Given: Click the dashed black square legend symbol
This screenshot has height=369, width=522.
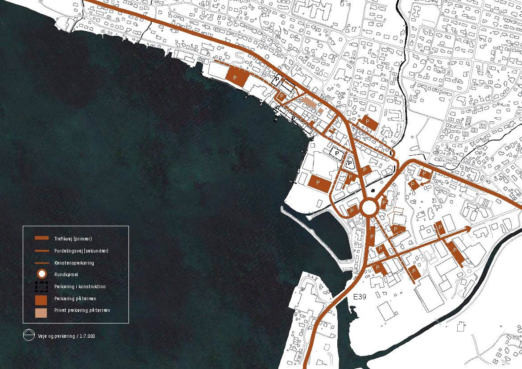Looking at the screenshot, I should pos(41,287).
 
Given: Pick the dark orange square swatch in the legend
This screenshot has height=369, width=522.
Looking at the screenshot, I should pos(41,299).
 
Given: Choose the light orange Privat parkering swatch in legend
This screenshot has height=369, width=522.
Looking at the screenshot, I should pos(41,312).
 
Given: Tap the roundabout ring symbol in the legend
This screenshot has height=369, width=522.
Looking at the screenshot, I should pos(41,274).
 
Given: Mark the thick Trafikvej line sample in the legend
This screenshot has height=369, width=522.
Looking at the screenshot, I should pos(41,239).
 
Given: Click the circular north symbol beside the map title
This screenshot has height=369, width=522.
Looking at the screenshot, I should pos(29,335).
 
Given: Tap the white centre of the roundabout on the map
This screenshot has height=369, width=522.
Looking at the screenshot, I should pos(369,207).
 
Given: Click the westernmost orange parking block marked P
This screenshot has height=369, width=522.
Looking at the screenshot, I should pos(234,76).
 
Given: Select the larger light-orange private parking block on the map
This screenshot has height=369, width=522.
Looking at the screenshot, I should pos(308,102).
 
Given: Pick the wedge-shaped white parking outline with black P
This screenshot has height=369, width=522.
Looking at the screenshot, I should pos(350,163).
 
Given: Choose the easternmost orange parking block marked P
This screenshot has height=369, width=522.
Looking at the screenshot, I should pos(457,252).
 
